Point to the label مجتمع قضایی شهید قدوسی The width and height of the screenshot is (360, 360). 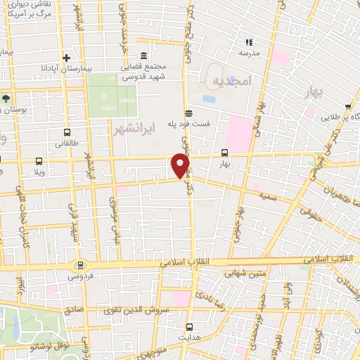click(165, 70)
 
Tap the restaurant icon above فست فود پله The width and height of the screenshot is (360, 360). click(188, 113)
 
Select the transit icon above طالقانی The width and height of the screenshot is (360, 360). click(67, 131)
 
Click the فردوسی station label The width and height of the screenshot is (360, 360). click(79, 276)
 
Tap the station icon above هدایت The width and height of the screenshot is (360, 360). click(190, 327)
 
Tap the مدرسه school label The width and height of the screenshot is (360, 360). click(249, 53)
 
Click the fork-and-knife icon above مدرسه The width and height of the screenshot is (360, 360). click(249, 42)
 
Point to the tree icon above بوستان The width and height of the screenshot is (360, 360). click(6, 98)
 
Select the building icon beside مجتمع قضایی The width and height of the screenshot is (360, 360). click(143, 56)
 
